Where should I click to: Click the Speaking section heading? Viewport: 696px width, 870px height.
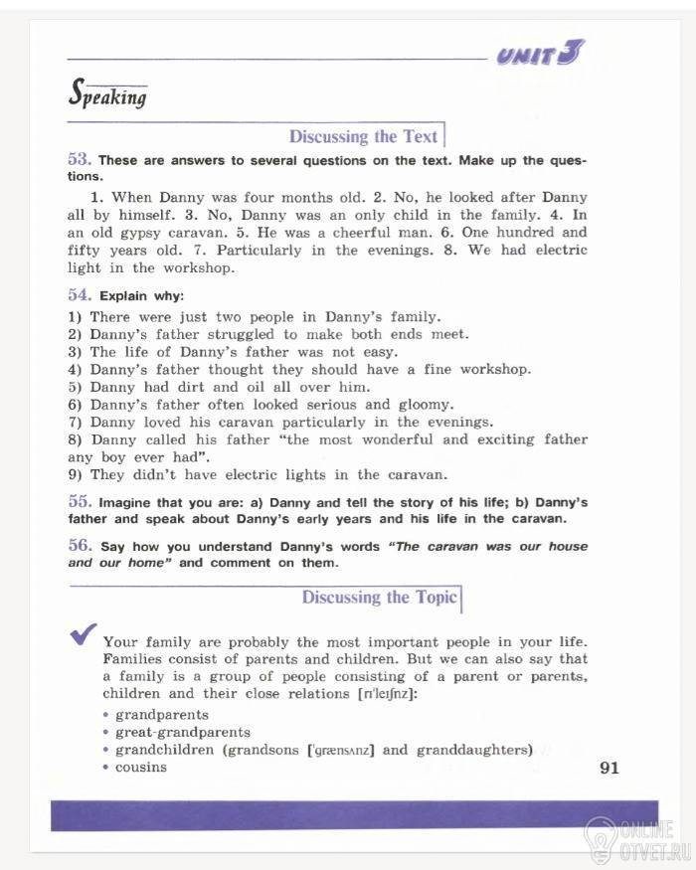coord(107,94)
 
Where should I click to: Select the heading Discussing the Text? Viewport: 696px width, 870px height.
coord(363,136)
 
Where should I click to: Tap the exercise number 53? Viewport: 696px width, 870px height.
coord(80,159)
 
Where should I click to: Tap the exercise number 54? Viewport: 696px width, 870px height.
coord(80,295)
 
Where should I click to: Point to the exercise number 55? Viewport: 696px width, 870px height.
coord(80,501)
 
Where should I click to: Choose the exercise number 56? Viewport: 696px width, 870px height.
coord(80,546)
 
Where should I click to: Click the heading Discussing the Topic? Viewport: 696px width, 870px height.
coord(379,597)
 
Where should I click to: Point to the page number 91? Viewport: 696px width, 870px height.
coord(609,768)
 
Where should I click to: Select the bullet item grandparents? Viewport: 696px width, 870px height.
coord(162,715)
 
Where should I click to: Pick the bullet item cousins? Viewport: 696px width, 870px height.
coord(141,768)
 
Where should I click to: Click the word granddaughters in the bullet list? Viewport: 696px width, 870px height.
coord(474,750)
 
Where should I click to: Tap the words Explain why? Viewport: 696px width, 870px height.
coord(141,296)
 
